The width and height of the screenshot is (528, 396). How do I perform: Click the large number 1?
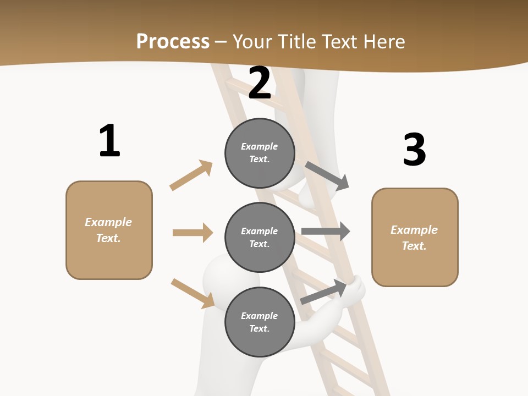(109, 141)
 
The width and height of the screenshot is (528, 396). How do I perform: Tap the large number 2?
(260, 83)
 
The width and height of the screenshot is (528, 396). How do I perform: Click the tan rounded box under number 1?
(109, 230)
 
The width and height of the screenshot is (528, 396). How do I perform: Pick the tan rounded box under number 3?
(415, 237)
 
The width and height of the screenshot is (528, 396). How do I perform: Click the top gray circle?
(260, 153)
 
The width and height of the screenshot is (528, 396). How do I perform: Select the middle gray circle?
(260, 237)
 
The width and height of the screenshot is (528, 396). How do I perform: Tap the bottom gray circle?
(260, 322)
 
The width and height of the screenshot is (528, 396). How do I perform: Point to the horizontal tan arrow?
(193, 233)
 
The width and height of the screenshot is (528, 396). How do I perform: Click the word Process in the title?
(173, 41)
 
